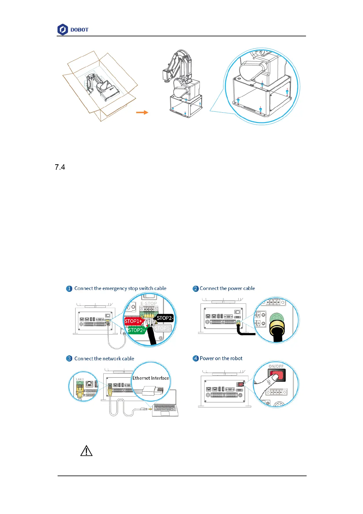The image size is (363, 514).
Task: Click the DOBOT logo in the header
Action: pyautogui.click(x=73, y=30)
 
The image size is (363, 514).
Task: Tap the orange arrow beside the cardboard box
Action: pyautogui.click(x=142, y=112)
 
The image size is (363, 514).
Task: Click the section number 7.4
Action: pyautogui.click(x=60, y=167)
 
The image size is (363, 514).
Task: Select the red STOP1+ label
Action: pyautogui.click(x=133, y=321)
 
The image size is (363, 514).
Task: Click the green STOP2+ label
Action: pyautogui.click(x=137, y=330)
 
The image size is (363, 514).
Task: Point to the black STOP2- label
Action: pyautogui.click(x=165, y=318)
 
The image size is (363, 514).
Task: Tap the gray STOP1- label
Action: pyautogui.click(x=163, y=328)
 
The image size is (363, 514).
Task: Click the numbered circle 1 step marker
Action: pyautogui.click(x=69, y=288)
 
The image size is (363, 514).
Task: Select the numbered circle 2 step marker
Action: pyautogui.click(x=196, y=288)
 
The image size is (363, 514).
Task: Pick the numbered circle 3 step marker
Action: pyautogui.click(x=69, y=359)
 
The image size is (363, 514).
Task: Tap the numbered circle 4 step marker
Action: pyautogui.click(x=196, y=358)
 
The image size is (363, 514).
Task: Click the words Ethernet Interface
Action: pyautogui.click(x=151, y=378)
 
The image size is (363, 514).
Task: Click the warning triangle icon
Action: pyautogui.click(x=86, y=451)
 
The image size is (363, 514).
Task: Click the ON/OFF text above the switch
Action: pyautogui.click(x=276, y=366)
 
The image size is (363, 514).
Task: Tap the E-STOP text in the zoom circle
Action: pyautogui.click(x=149, y=303)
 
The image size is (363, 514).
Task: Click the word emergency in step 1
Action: pyautogui.click(x=115, y=288)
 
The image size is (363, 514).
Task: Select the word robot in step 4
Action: pyautogui.click(x=236, y=358)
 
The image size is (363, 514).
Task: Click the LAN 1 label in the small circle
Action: pyautogui.click(x=80, y=379)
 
